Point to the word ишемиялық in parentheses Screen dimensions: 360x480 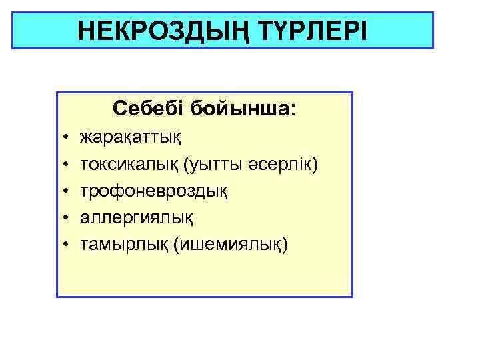point(231,245)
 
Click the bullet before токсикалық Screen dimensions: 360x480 point(67,165)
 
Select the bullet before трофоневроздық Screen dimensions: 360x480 point(67,191)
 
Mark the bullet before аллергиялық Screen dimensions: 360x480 point(67,218)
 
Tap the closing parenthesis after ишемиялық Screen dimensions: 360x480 point(286,245)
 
